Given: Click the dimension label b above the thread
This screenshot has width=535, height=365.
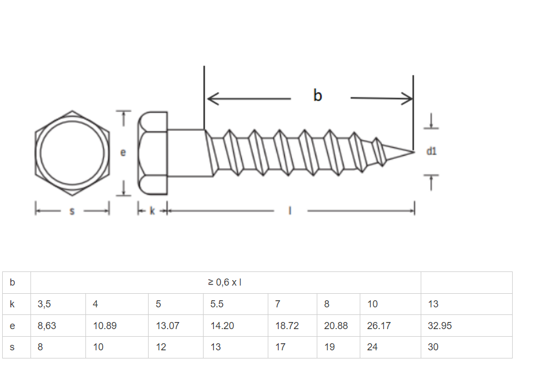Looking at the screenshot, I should (x=318, y=96).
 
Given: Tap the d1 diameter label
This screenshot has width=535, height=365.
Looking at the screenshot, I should (x=431, y=151).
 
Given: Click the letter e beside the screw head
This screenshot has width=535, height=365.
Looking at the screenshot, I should (x=123, y=153).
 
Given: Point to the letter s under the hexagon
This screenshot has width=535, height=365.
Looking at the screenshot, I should (x=72, y=211).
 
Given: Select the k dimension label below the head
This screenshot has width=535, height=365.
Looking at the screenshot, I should (x=152, y=211).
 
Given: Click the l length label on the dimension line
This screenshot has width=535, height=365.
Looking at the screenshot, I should (x=290, y=211).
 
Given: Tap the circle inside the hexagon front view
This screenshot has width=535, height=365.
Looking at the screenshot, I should (x=72, y=152).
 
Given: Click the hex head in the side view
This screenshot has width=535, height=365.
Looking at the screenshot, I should (x=153, y=153).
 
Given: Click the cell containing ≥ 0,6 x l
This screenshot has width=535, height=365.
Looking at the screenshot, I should (x=225, y=282).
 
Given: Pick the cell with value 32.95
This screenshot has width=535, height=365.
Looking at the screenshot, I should (x=440, y=326).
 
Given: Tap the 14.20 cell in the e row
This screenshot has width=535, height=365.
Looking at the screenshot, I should (x=222, y=326).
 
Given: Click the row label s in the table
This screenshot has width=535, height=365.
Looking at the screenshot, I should (x=13, y=347).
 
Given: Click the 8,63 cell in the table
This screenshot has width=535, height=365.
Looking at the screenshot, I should (x=47, y=326).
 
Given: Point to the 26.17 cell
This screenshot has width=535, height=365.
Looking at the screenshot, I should (x=379, y=326).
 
